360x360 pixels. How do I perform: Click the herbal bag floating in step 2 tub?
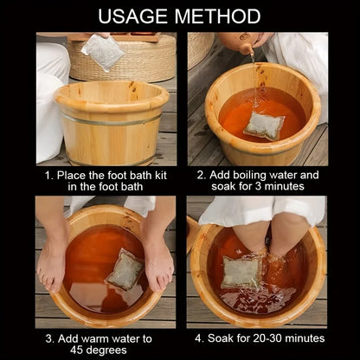[263, 125]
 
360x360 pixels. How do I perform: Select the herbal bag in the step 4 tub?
[241, 271]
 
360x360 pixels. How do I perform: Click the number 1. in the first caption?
[50, 174]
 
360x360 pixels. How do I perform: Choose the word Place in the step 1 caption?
[75, 174]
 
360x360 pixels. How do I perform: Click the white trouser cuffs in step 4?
[260, 210]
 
